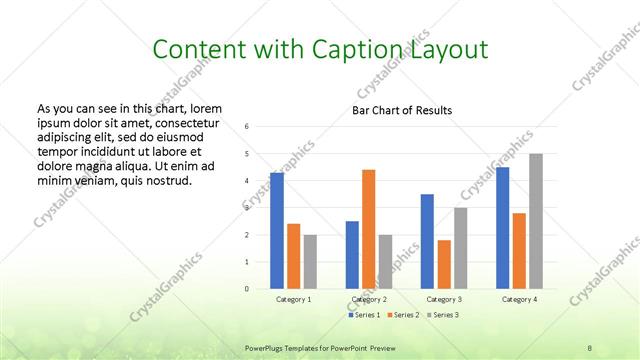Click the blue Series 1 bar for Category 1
[277, 231]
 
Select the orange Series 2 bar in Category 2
[368, 229]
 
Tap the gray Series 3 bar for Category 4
[535, 221]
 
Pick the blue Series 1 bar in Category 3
[427, 241]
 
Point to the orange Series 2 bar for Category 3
[444, 264]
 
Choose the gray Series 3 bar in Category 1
[310, 262]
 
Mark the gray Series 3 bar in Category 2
[385, 262]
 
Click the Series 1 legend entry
[365, 315]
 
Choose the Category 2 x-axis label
[369, 299]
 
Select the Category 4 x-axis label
[519, 299]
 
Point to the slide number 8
[589, 347]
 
